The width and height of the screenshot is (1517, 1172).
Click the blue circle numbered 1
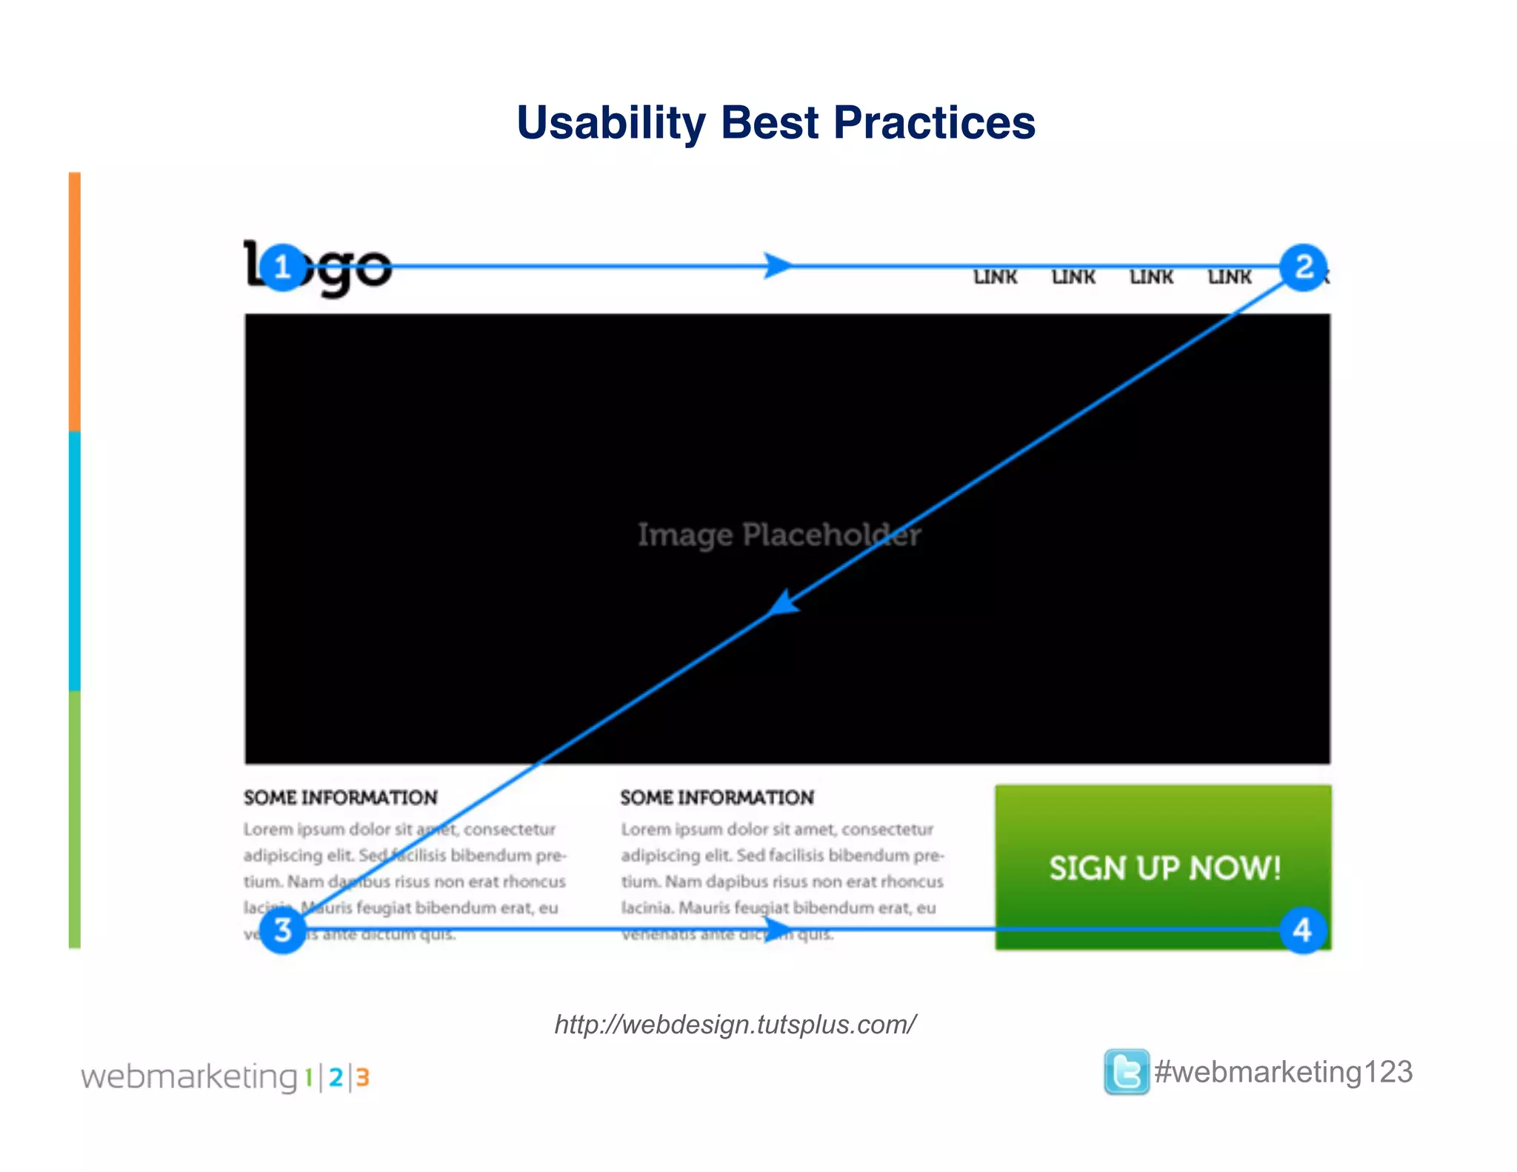282,267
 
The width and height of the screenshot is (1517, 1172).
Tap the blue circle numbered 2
1304,267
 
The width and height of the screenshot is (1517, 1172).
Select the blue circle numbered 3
282,930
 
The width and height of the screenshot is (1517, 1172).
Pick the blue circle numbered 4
1303,930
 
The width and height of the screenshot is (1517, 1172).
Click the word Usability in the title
611,123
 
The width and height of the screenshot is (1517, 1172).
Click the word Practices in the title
934,123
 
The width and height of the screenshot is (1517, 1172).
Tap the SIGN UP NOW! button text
1164,868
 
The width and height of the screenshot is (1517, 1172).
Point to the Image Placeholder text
779,535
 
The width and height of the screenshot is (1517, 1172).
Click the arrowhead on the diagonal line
784,602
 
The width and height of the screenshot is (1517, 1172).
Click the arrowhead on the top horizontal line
778,265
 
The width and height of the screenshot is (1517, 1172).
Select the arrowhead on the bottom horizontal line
778,928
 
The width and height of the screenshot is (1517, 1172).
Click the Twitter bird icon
1126,1071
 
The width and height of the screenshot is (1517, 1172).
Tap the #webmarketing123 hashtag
1284,1072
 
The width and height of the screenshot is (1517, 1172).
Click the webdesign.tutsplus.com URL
735,1025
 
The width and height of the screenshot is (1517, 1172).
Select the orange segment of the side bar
75,302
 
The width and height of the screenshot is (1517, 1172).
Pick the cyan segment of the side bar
75,561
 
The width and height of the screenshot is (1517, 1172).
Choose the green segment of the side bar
75,819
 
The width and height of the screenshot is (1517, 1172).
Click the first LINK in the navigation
995,277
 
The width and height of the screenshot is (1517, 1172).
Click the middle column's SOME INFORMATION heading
717,798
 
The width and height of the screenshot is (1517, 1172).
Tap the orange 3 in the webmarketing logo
362,1077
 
